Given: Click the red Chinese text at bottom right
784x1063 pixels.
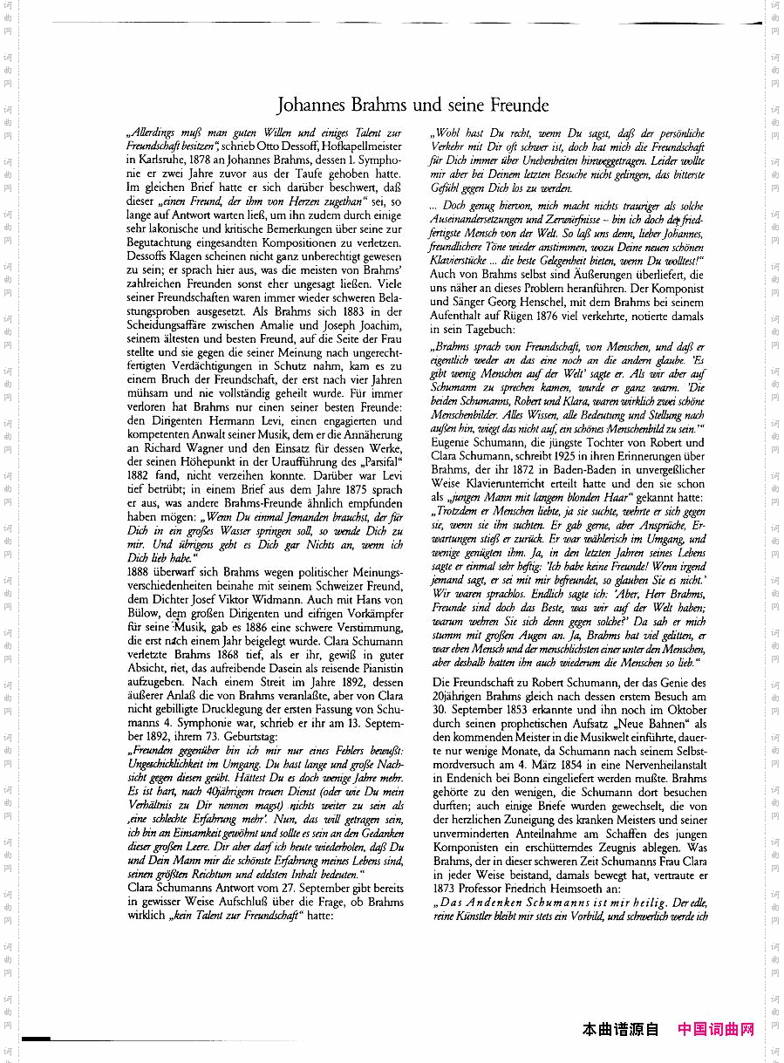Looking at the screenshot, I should (x=716, y=1030).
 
